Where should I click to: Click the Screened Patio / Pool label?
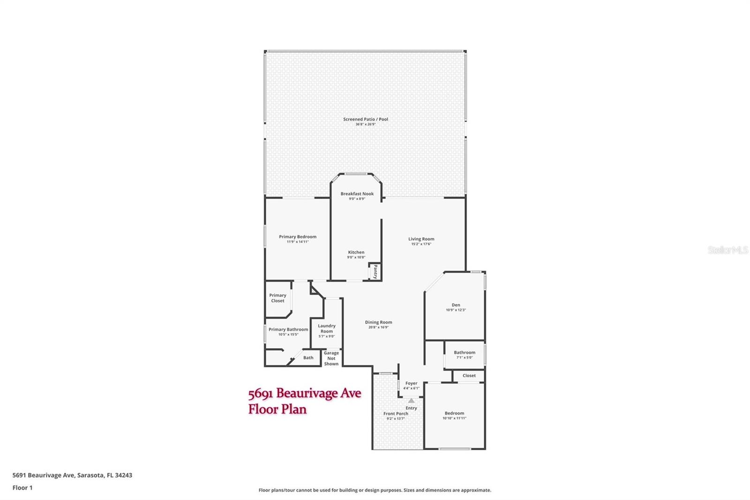(x=365, y=119)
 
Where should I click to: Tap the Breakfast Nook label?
(x=357, y=194)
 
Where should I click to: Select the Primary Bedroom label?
(x=297, y=237)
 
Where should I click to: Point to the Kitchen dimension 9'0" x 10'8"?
(x=356, y=258)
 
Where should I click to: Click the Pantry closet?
(x=375, y=272)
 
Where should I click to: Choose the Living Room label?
(x=421, y=239)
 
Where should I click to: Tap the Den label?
(x=456, y=305)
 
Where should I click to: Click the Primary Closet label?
(x=277, y=298)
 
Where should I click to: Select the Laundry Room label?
(x=327, y=328)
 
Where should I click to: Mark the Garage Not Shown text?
(x=331, y=358)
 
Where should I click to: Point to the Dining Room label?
(x=378, y=322)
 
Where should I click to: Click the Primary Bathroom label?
(x=288, y=329)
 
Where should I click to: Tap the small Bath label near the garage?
(x=308, y=357)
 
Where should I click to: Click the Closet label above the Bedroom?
(x=469, y=376)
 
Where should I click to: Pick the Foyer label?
(x=411, y=383)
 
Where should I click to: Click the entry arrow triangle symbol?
(x=411, y=401)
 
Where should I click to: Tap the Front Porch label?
(x=396, y=414)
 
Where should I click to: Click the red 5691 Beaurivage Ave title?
(x=304, y=393)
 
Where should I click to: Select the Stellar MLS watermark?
(x=727, y=250)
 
